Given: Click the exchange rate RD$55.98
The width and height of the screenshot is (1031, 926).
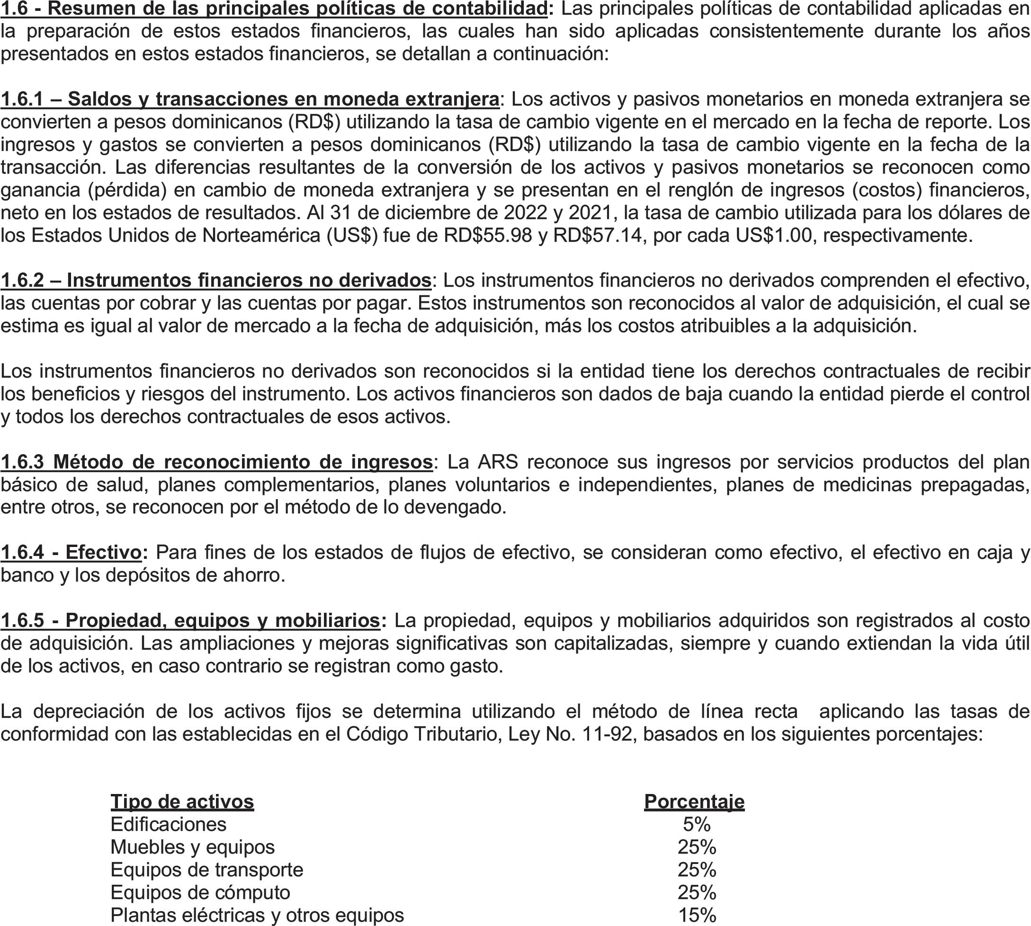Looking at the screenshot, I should pos(488,235).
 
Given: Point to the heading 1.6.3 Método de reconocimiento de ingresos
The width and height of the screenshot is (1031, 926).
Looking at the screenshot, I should pos(216,461).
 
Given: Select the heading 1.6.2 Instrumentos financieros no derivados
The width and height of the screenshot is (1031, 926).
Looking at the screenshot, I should pos(216,280).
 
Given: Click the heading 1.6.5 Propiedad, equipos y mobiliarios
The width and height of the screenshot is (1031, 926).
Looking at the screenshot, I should pos(190,620).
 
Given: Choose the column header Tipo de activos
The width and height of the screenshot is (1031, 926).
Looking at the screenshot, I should pos(182,802).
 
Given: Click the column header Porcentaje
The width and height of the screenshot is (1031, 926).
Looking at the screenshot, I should pos(694,802).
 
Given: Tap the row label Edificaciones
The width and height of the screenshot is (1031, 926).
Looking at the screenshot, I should pos(168,824).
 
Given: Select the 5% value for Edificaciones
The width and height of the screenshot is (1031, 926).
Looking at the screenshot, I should pos(697,824).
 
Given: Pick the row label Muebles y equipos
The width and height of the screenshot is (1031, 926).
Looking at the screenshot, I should pos(192,847).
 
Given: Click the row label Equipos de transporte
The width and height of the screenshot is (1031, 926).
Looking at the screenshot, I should pos(206,870).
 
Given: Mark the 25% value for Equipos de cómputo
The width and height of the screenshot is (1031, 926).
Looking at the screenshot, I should pos(697,892).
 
